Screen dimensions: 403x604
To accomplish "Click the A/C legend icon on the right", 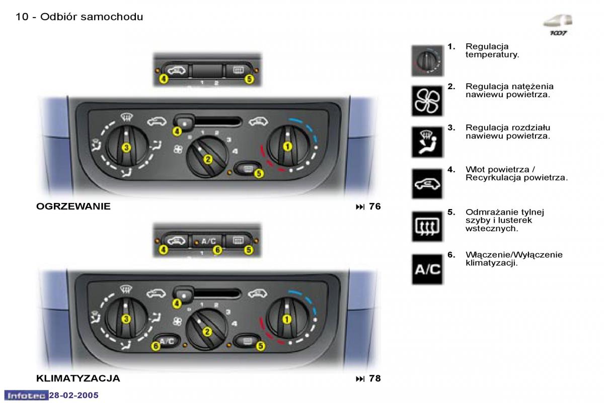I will pyautogui.click(x=427, y=269).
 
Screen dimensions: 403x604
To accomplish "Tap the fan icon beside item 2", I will pyautogui.click(x=427, y=100).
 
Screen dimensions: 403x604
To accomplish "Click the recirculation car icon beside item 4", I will pyautogui.click(x=427, y=183).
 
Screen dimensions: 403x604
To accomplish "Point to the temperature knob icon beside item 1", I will pyautogui.click(x=427, y=60).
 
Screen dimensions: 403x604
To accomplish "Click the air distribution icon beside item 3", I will pyautogui.click(x=427, y=142).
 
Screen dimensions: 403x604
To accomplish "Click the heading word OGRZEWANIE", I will pyautogui.click(x=73, y=207).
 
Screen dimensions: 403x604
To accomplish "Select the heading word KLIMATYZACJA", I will pyautogui.click(x=78, y=378).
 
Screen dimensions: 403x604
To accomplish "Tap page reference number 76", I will pyautogui.click(x=374, y=207).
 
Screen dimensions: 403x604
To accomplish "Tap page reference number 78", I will pyautogui.click(x=374, y=378).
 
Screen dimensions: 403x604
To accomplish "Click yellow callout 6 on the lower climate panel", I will pyautogui.click(x=156, y=346).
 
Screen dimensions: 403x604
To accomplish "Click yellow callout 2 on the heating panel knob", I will pyautogui.click(x=207, y=159).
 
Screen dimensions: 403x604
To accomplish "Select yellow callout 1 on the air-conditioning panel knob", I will pyautogui.click(x=287, y=319).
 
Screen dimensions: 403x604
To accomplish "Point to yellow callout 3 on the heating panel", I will pyautogui.click(x=126, y=147).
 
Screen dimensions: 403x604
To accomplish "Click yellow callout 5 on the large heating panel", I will pyautogui.click(x=259, y=173).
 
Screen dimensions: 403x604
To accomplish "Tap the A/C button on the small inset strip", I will pyautogui.click(x=208, y=241).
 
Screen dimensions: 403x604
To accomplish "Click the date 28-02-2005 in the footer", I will pyautogui.click(x=73, y=395).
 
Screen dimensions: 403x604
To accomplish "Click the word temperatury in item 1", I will pyautogui.click(x=492, y=54).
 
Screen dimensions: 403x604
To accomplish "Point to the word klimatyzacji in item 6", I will pyautogui.click(x=491, y=263).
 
